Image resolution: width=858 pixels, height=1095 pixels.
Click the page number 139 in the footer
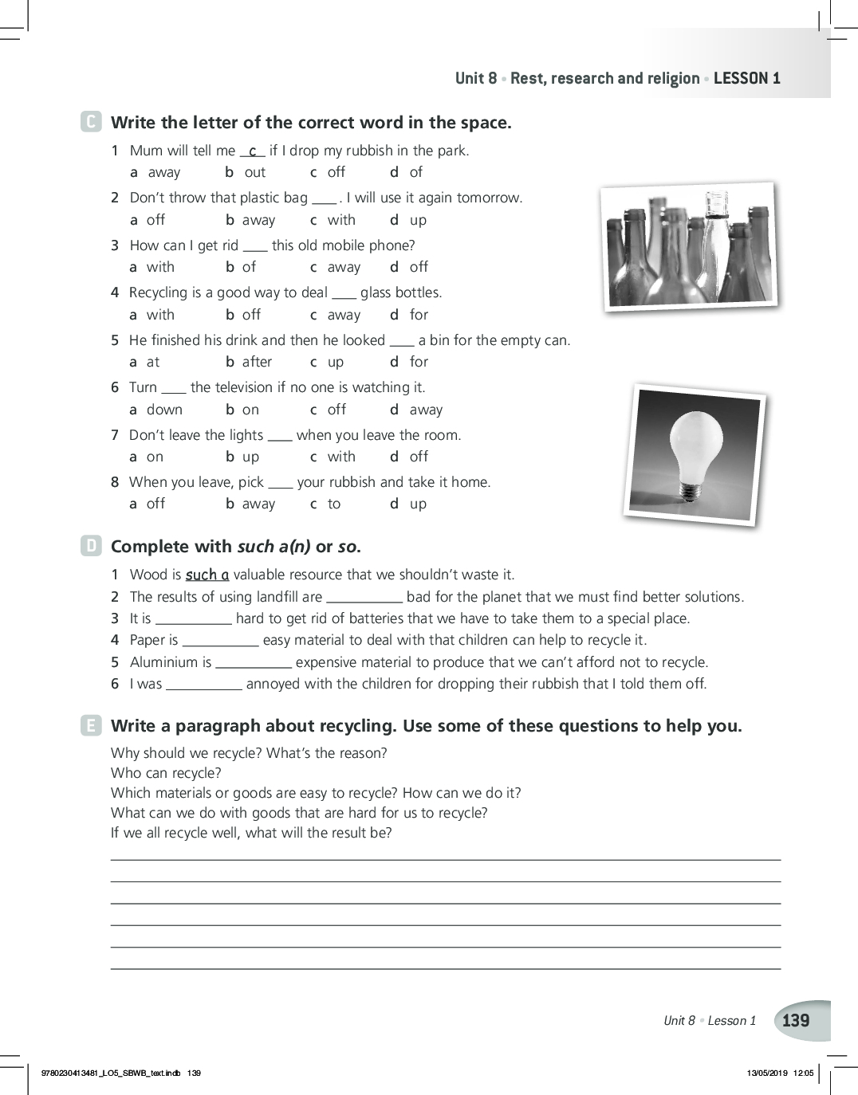[796, 1020]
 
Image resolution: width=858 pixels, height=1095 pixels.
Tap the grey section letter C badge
[91, 122]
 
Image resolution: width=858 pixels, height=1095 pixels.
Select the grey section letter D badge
[91, 546]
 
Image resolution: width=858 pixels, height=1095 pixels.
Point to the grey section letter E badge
[91, 725]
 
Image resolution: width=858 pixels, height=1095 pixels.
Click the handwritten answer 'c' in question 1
[252, 151]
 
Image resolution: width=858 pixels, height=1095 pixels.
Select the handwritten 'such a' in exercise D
[207, 575]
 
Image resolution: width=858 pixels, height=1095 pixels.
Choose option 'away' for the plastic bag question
[258, 220]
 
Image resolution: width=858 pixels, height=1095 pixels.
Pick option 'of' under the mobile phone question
[249, 267]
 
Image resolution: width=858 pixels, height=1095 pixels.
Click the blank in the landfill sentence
[364, 598]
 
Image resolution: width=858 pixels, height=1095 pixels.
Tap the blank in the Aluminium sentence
[254, 663]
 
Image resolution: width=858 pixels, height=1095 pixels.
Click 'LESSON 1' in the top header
[747, 78]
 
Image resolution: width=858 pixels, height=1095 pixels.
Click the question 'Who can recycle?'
[166, 773]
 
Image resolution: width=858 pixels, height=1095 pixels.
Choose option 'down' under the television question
[164, 410]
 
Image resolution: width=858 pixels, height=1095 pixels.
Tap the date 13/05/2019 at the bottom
[766, 1073]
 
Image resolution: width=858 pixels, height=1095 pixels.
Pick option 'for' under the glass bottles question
[419, 315]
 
